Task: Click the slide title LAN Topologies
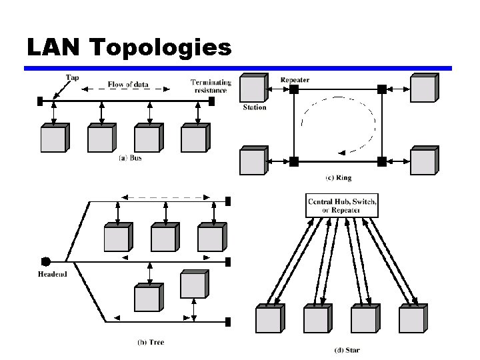pos(129,47)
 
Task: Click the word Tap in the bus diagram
pos(72,77)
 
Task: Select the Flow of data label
pos(129,85)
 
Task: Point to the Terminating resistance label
pos(211,86)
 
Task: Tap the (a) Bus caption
pos(130,158)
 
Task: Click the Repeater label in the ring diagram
pos(295,80)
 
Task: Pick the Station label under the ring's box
pos(254,107)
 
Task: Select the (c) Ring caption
pos(338,178)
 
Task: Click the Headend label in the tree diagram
pos(53,274)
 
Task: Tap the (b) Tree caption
pos(151,342)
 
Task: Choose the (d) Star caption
pos(347,350)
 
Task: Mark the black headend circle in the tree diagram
pos(46,261)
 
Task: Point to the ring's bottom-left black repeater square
pos(293,161)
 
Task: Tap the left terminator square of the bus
pos(39,101)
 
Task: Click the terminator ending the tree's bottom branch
pos(228,321)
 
